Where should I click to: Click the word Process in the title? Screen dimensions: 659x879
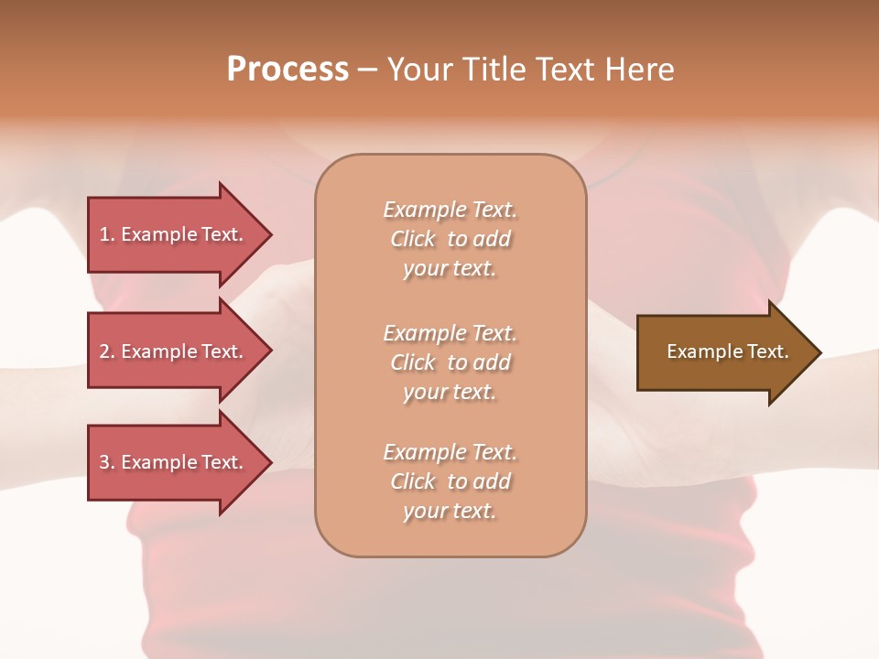click(x=288, y=70)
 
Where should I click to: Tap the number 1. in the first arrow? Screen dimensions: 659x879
click(x=107, y=234)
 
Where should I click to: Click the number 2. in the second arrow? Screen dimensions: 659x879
click(x=107, y=351)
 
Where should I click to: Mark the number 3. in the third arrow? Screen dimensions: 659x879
click(x=107, y=462)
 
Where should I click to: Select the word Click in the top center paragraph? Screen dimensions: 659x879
click(x=413, y=239)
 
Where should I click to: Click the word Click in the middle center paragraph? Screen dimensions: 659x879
click(x=413, y=362)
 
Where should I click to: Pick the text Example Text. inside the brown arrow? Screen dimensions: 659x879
click(x=728, y=351)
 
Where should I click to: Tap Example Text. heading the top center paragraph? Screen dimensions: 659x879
click(x=450, y=210)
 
